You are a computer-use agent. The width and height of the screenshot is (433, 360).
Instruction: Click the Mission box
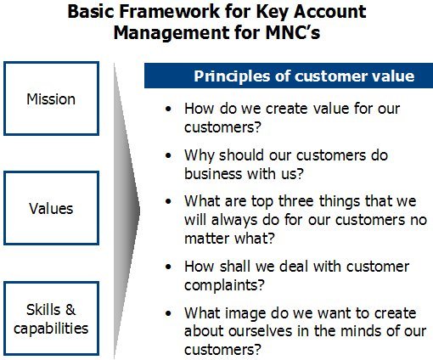pos(51,98)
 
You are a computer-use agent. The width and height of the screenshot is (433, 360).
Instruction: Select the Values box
pos(51,208)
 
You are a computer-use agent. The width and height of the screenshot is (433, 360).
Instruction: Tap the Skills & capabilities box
pos(51,318)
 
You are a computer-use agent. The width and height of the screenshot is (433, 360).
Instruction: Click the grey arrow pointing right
pos(127,211)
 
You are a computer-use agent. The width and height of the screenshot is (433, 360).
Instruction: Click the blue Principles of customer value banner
pos(289,76)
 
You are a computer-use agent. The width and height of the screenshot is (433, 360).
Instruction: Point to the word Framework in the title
pos(170,12)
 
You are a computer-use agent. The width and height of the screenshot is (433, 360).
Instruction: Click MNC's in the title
pos(293,32)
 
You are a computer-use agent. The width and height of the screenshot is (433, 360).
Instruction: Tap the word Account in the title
pos(330,12)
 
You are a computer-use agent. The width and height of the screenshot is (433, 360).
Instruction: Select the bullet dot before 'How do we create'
pos(168,109)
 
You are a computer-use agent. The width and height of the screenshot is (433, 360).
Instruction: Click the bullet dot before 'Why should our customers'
pos(168,155)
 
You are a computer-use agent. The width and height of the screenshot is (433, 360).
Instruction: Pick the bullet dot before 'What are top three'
pos(168,201)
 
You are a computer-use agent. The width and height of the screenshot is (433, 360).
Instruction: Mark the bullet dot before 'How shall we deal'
pos(168,267)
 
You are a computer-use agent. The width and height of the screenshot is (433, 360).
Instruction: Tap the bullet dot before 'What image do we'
pos(168,313)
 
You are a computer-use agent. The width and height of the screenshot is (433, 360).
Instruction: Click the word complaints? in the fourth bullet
pos(224,285)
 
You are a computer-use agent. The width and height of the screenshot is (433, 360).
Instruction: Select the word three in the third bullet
pos(295,201)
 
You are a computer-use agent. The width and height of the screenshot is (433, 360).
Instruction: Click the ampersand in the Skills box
pos(70,309)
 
